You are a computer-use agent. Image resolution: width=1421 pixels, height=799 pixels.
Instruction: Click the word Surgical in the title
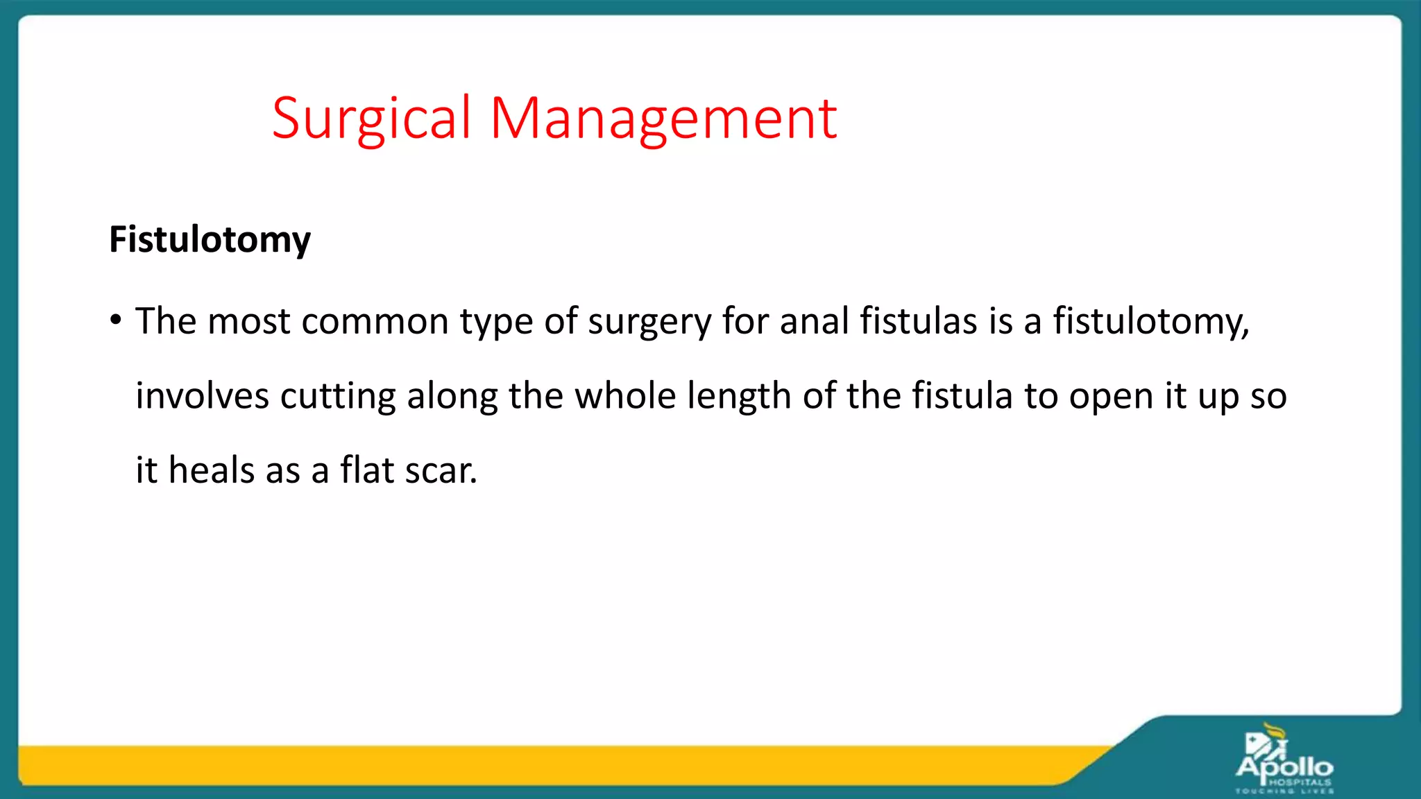pyautogui.click(x=371, y=119)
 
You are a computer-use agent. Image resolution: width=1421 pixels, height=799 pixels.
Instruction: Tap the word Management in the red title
pyautogui.click(x=663, y=119)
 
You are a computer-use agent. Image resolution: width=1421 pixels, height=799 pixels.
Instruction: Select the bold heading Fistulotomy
pyautogui.click(x=210, y=240)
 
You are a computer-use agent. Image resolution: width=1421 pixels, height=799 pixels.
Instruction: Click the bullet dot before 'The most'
pyautogui.click(x=116, y=320)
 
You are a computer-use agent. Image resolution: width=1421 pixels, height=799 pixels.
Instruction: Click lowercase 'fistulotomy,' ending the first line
pyautogui.click(x=1151, y=323)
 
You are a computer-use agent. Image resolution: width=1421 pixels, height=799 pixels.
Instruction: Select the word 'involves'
pyautogui.click(x=202, y=396)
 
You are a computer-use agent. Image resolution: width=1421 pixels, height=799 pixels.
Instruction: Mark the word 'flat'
pyautogui.click(x=367, y=470)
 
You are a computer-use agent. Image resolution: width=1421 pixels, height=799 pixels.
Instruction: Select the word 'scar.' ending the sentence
pyautogui.click(x=441, y=472)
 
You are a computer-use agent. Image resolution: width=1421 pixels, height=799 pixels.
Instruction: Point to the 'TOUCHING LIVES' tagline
pyautogui.click(x=1284, y=791)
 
